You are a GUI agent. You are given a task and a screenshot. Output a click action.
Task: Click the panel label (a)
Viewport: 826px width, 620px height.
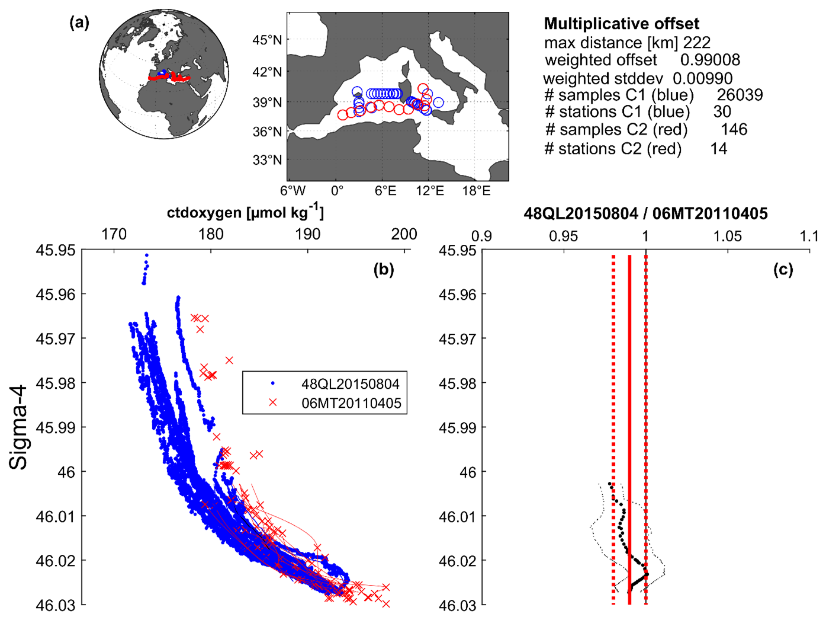(79, 23)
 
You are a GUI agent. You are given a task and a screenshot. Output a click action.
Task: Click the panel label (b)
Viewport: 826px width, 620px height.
(384, 270)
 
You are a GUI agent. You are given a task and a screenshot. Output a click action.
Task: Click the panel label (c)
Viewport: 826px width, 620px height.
(783, 270)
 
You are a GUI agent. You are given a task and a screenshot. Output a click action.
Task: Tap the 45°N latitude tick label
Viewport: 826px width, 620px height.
(267, 40)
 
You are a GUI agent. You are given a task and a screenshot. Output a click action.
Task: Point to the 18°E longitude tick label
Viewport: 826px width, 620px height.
(476, 191)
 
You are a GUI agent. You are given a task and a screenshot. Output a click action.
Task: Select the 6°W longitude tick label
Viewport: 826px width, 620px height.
(293, 191)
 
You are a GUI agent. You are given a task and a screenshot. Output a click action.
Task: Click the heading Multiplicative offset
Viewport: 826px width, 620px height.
(621, 24)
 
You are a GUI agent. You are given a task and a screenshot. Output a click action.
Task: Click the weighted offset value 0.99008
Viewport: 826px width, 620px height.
(710, 60)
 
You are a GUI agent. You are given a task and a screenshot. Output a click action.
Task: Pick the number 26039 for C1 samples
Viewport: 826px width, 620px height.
(740, 95)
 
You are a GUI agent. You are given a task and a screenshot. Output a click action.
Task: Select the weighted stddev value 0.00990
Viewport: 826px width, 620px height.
(702, 78)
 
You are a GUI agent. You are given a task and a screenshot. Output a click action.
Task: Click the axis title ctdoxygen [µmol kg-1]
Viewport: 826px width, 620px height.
(245, 212)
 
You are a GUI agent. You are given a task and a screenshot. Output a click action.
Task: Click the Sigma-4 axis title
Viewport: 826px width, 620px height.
(19, 427)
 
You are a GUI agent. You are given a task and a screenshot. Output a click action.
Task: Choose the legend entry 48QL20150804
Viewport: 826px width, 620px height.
(351, 383)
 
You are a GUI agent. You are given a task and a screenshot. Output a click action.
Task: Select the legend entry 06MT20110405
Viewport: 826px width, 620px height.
(351, 403)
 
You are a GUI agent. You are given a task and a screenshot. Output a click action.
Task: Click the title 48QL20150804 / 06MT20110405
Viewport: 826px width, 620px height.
(645, 213)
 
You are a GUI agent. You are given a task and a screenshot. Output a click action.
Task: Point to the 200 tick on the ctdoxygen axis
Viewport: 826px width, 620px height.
(404, 235)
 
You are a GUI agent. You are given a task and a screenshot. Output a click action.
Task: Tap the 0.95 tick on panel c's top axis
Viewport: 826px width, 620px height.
(563, 236)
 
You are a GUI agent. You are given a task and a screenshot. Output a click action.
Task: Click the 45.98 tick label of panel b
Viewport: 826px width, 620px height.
(56, 383)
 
